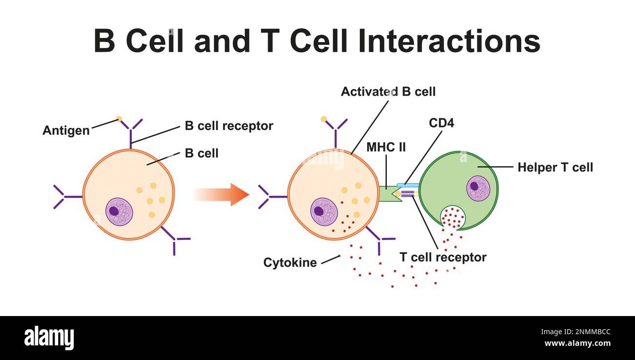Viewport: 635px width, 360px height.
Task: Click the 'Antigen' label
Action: (66, 130)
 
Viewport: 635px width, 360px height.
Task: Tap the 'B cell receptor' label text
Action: (229, 126)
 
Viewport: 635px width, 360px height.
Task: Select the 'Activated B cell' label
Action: (388, 91)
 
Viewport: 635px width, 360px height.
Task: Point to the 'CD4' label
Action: (441, 123)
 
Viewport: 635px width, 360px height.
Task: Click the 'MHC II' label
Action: (386, 147)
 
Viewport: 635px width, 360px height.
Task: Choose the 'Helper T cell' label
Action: (555, 168)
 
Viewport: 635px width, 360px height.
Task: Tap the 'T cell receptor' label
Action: (443, 257)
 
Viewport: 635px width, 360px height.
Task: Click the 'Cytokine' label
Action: (290, 262)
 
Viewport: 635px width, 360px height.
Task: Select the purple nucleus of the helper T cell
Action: (478, 188)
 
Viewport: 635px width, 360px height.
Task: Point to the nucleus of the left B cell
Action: (119, 212)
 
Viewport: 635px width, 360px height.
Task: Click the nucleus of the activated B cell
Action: (324, 212)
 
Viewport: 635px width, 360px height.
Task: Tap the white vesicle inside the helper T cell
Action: (453, 217)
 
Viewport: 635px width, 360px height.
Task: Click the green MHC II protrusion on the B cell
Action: (389, 194)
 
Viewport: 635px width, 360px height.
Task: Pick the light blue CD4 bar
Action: (408, 185)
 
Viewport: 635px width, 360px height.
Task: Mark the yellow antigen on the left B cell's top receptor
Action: (119, 119)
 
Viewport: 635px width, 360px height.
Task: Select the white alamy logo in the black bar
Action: (49, 338)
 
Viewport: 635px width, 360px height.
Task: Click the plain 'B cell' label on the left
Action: (201, 153)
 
